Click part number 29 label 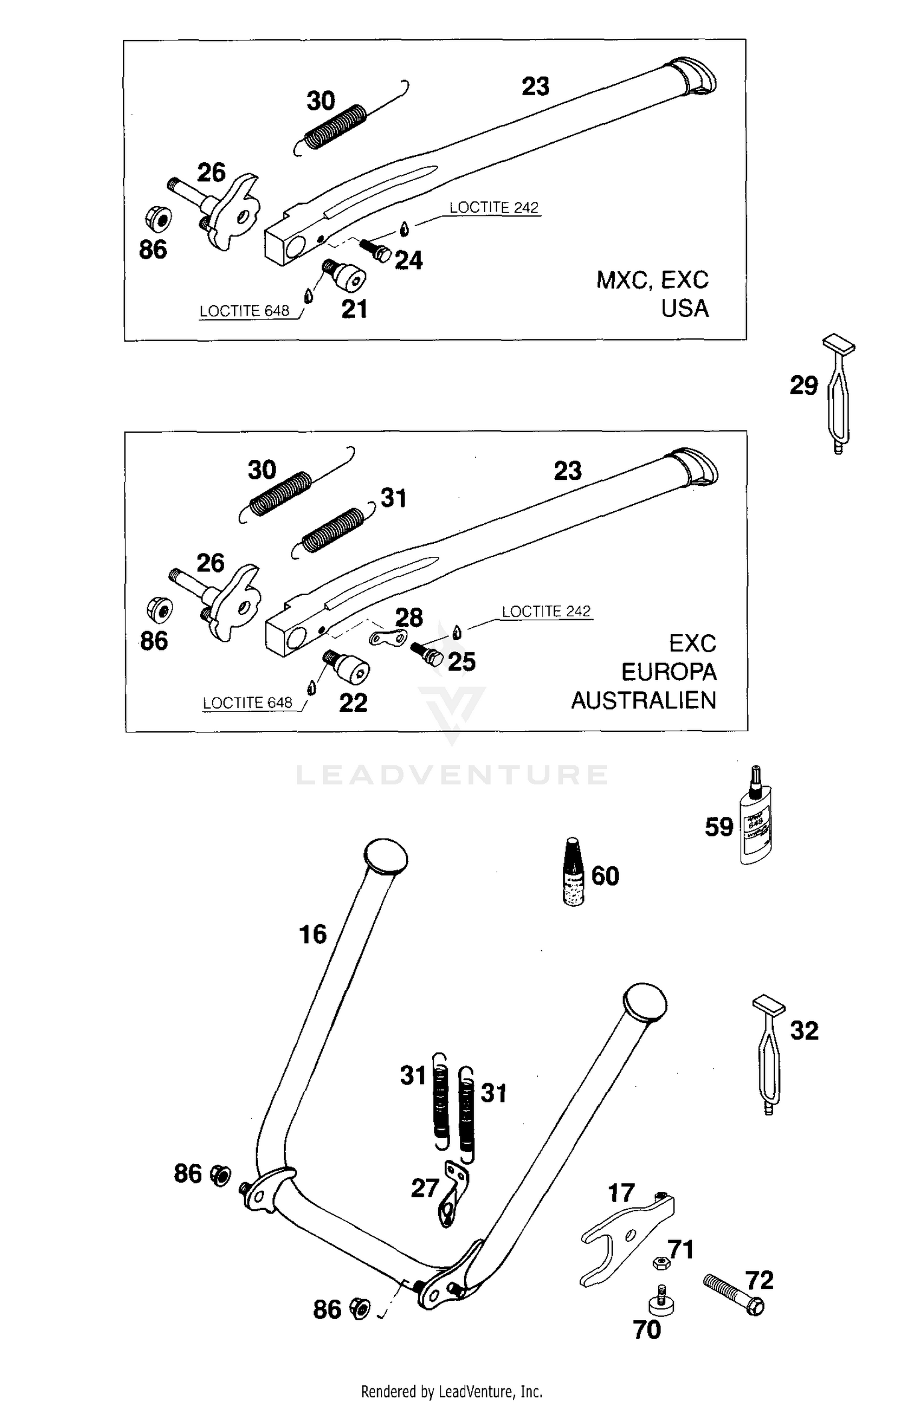click(x=803, y=386)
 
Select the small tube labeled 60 click(x=573, y=874)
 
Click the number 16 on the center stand click(x=313, y=934)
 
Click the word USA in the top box click(x=685, y=309)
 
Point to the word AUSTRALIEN click(x=644, y=700)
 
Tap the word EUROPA click(x=668, y=672)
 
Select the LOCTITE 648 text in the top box click(x=244, y=311)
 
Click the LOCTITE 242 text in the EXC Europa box click(x=546, y=611)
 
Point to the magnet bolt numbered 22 click(x=350, y=667)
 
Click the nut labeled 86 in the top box click(x=159, y=219)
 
